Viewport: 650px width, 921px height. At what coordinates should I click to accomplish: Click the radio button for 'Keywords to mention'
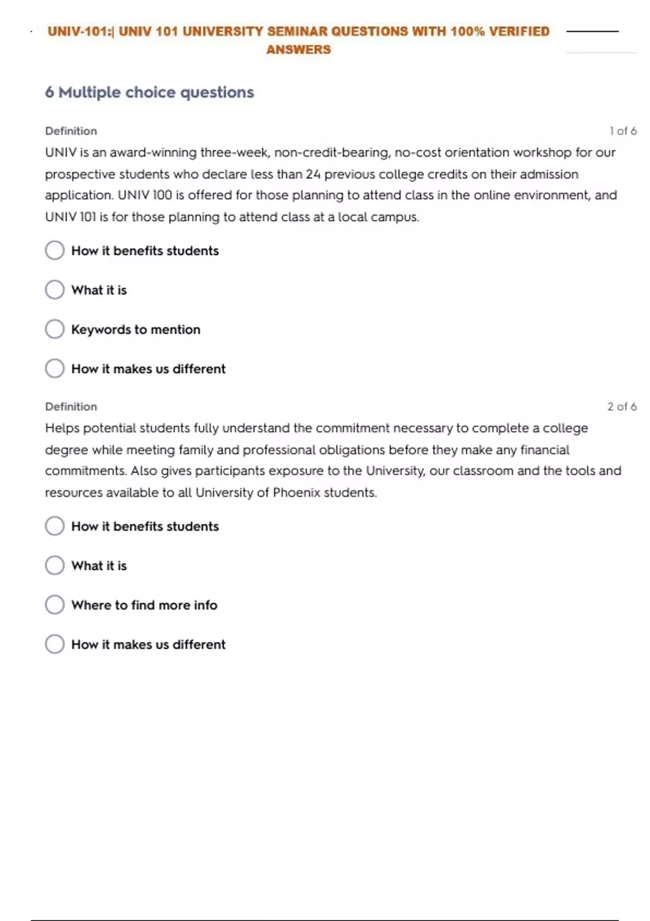click(55, 329)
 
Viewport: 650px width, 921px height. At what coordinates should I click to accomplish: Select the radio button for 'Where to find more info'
click(55, 605)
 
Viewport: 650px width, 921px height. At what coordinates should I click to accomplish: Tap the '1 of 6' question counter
click(622, 131)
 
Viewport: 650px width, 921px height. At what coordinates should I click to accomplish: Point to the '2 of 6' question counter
click(621, 406)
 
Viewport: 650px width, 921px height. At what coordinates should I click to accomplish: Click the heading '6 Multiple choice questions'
click(149, 93)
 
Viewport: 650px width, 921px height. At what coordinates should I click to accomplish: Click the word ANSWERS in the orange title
click(298, 50)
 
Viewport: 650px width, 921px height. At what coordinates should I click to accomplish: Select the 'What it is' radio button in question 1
click(55, 290)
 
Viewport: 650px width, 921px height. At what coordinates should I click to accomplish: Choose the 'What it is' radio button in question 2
click(55, 566)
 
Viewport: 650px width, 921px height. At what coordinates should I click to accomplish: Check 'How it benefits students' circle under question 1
click(55, 250)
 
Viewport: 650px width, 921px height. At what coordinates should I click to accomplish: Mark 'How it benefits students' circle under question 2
click(55, 526)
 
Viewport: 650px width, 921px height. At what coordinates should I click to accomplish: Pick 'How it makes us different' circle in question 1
click(55, 368)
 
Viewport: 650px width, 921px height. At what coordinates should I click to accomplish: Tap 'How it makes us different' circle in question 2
click(55, 644)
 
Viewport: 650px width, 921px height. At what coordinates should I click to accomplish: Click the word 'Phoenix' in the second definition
click(296, 493)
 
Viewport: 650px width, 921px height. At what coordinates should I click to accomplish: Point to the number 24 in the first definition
click(313, 174)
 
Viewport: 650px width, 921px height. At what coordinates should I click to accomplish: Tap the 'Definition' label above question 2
click(71, 406)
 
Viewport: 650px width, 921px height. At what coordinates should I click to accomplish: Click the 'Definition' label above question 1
click(71, 131)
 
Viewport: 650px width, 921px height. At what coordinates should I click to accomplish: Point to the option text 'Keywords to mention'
click(136, 329)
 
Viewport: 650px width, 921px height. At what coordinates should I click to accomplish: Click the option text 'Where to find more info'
click(144, 605)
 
